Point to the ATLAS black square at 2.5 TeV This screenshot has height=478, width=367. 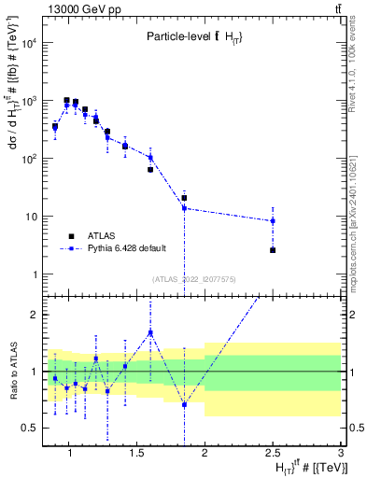click(x=273, y=250)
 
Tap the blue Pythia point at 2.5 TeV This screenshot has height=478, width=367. click(x=273, y=221)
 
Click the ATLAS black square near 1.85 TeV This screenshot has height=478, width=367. click(x=185, y=198)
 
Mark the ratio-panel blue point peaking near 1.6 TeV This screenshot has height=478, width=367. click(x=150, y=332)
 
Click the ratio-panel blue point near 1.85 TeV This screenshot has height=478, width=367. click(x=185, y=404)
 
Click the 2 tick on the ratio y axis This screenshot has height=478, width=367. click(x=35, y=315)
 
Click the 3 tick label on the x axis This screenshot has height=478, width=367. click(x=341, y=454)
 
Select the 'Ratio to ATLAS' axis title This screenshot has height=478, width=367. click(x=12, y=372)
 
